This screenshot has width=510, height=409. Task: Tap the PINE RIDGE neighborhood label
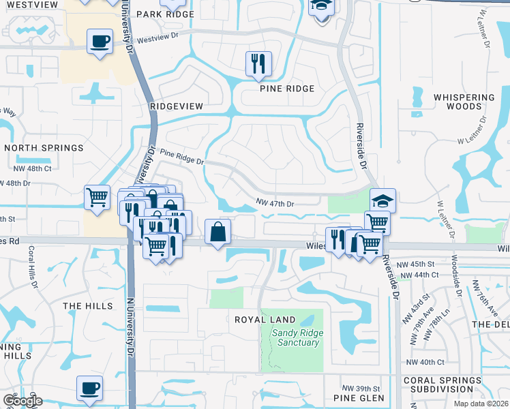click(287, 89)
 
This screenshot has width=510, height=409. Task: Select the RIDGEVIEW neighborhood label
click(177, 106)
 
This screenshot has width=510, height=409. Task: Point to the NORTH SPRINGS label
click(44, 147)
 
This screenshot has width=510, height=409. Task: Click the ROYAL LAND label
click(265, 320)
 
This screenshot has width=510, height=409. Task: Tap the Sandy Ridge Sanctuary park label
click(296, 337)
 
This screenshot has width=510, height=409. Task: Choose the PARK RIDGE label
click(165, 14)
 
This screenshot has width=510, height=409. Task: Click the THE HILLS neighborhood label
click(88, 306)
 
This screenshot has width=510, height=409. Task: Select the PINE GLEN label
click(359, 397)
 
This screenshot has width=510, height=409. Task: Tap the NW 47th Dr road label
click(275, 203)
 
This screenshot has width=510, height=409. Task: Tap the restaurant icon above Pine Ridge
click(258, 63)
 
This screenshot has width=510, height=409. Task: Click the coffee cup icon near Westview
click(100, 41)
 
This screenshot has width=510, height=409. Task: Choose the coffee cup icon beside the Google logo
click(89, 388)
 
